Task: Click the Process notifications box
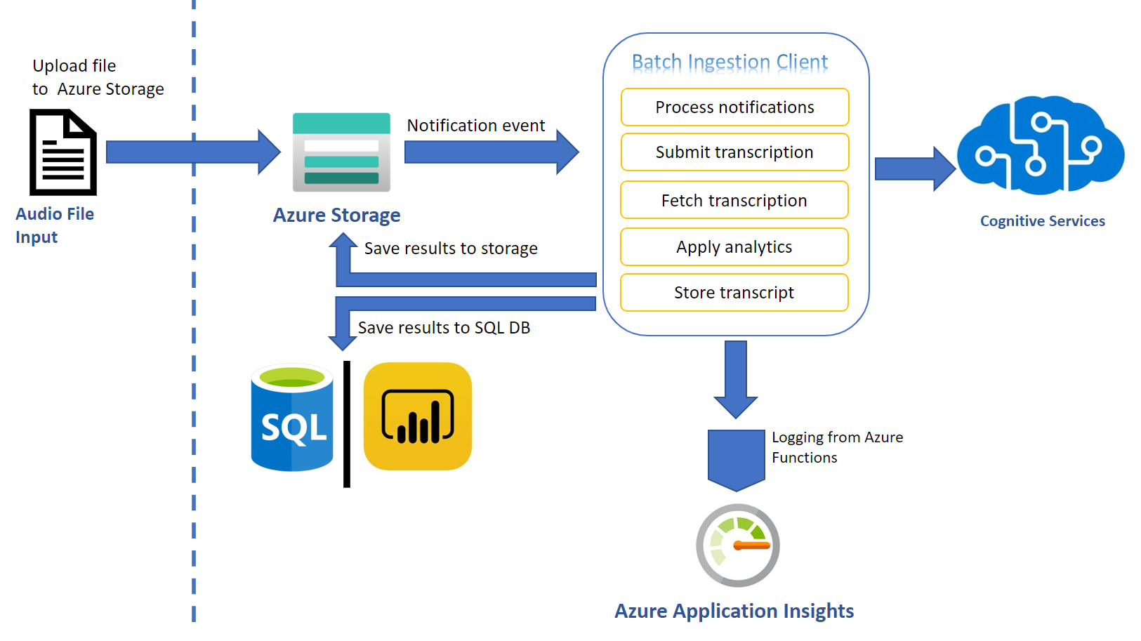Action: (x=734, y=107)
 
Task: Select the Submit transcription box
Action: (x=734, y=152)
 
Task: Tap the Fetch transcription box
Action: (x=734, y=200)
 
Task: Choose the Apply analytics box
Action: (x=734, y=247)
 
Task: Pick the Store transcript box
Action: (x=734, y=293)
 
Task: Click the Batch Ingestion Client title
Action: (x=730, y=62)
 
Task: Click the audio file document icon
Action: (x=63, y=152)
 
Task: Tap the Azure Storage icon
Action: (x=341, y=152)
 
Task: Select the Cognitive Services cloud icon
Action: (x=1040, y=146)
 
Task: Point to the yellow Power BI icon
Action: (x=418, y=416)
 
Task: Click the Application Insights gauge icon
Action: (x=737, y=546)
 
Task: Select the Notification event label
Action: (x=476, y=126)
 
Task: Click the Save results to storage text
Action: (x=451, y=249)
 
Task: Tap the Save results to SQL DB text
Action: (x=444, y=328)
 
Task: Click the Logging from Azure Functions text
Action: (x=836, y=447)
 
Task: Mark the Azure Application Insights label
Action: (x=734, y=611)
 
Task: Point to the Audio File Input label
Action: (x=54, y=225)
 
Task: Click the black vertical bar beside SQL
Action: (x=347, y=424)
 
